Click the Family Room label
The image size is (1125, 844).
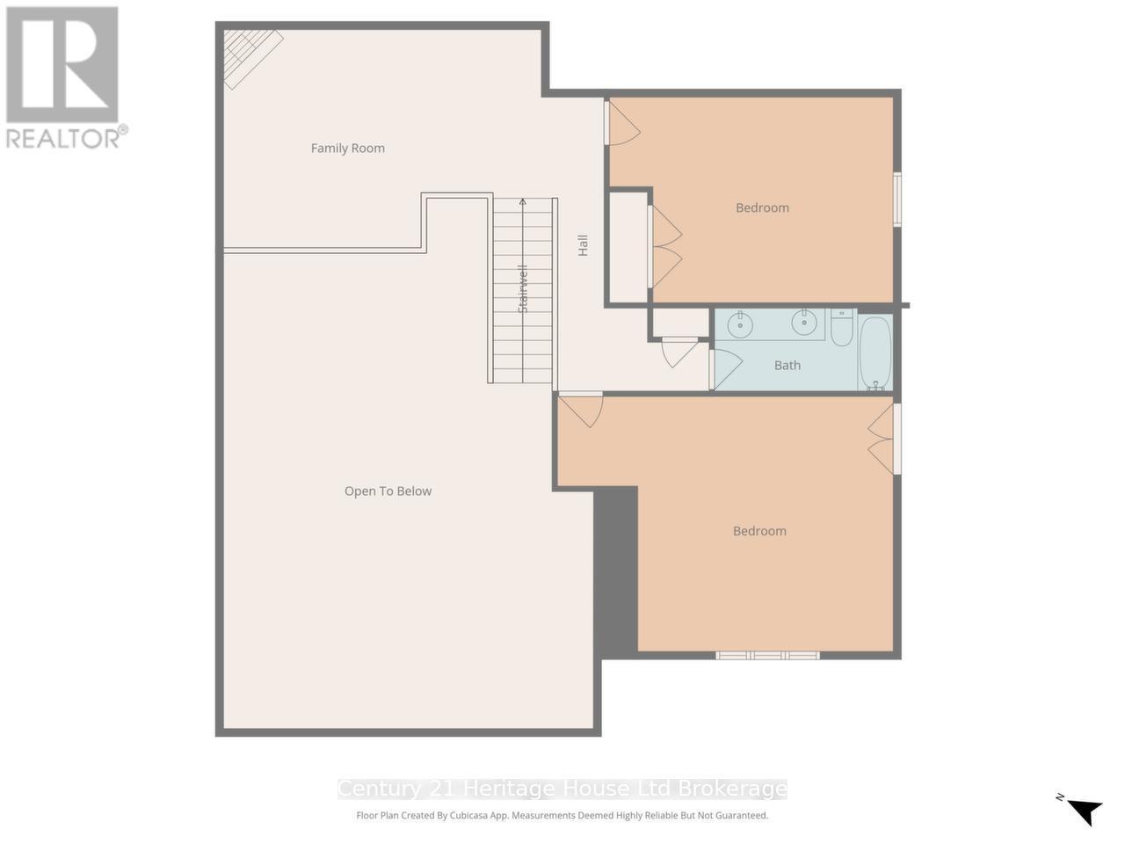pos(347,149)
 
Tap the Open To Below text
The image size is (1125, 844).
pos(388,491)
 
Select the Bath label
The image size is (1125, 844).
pos(787,366)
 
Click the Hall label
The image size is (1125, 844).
pos(582,245)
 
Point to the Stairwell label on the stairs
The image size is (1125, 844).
pos(523,289)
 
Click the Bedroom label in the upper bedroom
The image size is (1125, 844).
pos(762,208)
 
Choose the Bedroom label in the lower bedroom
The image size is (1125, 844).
pos(759,531)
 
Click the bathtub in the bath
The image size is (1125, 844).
pos(875,353)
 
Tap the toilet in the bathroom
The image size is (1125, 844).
pos(841,326)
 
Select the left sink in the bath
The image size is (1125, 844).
pos(740,324)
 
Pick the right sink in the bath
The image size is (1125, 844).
pos(803,323)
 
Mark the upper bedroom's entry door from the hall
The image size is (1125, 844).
pos(621,123)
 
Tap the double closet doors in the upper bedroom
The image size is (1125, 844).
pos(665,247)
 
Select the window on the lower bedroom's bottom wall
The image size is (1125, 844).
pos(767,655)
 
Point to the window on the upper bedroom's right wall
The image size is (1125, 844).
pos(896,200)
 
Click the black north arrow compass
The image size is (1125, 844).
pos(1084,809)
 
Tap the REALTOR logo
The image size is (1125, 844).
pos(63,77)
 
